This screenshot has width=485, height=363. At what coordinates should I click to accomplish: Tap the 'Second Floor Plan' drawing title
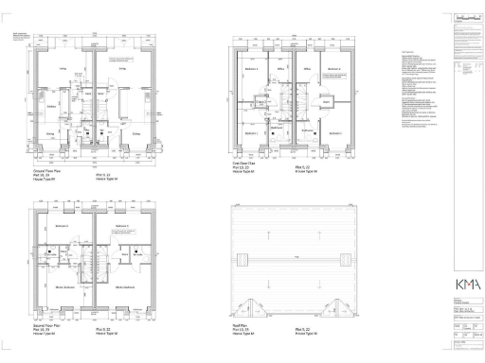click(48, 324)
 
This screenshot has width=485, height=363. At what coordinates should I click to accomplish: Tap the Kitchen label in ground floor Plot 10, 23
click(48, 107)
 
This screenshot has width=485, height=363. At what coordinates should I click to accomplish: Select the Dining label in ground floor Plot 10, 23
click(50, 134)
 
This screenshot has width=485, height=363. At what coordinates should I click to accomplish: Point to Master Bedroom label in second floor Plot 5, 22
click(123, 286)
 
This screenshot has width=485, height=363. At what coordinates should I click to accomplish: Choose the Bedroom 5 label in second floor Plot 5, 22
click(121, 227)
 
